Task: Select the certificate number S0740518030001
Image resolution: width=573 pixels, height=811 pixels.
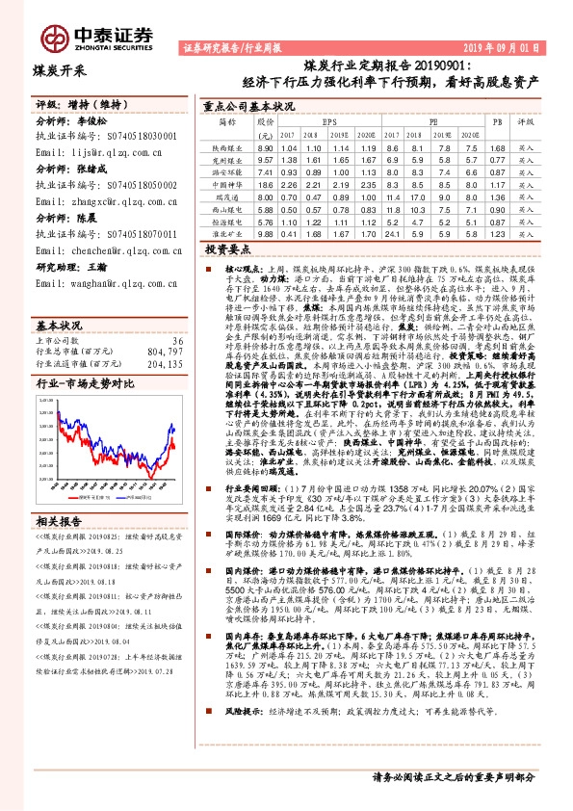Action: click(135, 138)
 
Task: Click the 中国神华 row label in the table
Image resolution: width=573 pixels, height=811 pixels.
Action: click(227, 183)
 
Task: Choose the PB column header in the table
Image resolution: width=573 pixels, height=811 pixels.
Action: click(497, 123)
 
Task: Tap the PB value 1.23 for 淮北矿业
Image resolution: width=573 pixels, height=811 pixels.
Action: click(497, 233)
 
